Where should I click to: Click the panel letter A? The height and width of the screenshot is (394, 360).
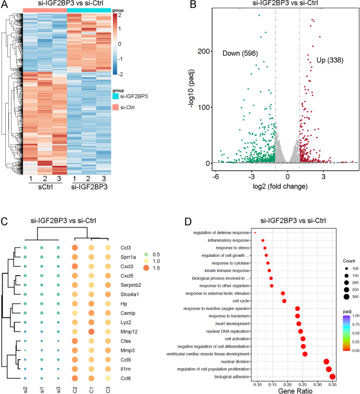[x=5, y=5]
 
